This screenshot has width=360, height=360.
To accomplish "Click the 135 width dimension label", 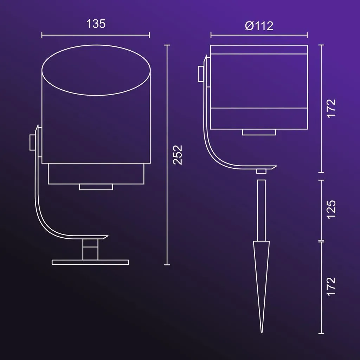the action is coord(96,24).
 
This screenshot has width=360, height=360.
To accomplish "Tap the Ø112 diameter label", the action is coord(259,26).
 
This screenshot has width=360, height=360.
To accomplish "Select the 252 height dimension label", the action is coord(178,155).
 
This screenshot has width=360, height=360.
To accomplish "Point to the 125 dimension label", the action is coord(331,210).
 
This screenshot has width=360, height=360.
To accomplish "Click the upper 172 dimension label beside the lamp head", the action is coord(331,109).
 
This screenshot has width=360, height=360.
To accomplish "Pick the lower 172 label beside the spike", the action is coord(331,287).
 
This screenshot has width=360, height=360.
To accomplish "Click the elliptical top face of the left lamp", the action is coord(96,70).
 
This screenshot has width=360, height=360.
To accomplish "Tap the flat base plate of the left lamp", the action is coord(90,262).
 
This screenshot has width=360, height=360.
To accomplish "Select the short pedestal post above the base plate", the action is coord(90,249).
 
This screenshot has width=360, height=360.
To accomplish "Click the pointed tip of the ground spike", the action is coord(262,332).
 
